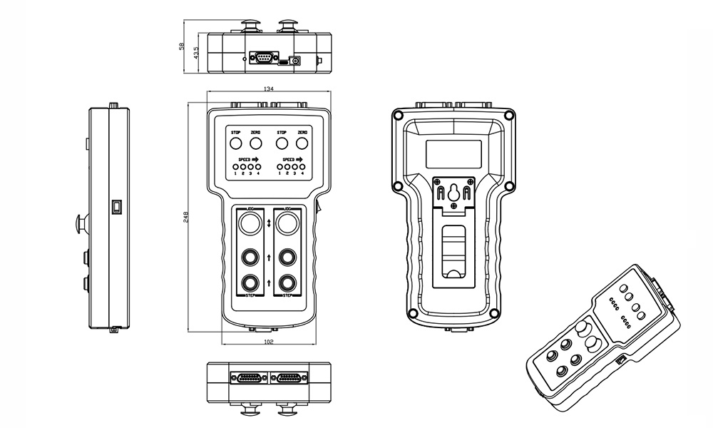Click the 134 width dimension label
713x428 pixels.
click(x=269, y=89)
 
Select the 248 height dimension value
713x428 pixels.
click(x=185, y=217)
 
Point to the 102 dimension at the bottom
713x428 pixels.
click(x=269, y=342)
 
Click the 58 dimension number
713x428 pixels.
click(x=182, y=46)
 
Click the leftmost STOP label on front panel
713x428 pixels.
click(x=235, y=133)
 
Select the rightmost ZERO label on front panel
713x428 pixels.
click(x=302, y=133)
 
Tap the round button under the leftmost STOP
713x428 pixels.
click(x=235, y=145)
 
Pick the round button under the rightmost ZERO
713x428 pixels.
click(x=302, y=145)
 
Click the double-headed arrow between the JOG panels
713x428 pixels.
click(x=269, y=224)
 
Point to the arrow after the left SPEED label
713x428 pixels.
click(x=256, y=160)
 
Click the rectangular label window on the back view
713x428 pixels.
click(x=453, y=152)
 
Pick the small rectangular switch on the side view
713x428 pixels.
click(x=117, y=208)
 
